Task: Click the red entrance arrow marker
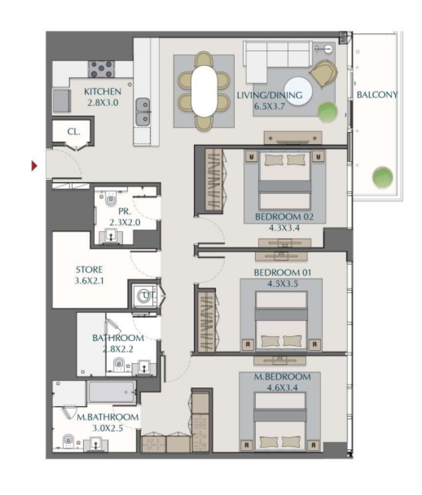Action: pos(34,166)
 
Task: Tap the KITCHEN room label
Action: pos(102,91)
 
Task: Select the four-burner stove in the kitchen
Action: pos(101,69)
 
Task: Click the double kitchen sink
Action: pos(143,112)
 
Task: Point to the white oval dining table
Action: pos(204,91)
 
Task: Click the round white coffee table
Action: pos(298,91)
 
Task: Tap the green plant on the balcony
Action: pos(382,177)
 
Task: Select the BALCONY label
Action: pos(377,94)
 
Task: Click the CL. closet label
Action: pos(73,132)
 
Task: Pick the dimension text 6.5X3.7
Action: pos(270,106)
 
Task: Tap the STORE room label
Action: pos(89,270)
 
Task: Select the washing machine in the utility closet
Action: pos(145,296)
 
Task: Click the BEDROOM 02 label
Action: pos(284,217)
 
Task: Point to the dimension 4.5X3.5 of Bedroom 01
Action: pos(283,283)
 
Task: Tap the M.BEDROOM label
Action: pos(282,377)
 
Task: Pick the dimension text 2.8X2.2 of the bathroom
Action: pos(118,349)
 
